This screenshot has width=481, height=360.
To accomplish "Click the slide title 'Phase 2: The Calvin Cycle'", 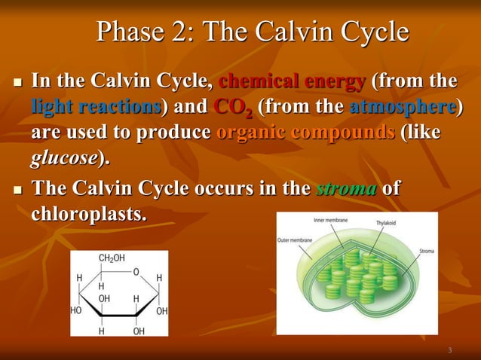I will pyautogui.click(x=253, y=32).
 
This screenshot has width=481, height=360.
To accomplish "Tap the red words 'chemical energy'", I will pyautogui.click(x=293, y=81).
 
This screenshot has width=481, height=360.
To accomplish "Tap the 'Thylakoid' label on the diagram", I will pyautogui.click(x=389, y=223).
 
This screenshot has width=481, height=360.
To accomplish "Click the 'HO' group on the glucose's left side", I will pyautogui.click(x=76, y=310).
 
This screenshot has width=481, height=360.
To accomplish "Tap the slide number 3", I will pyautogui.click(x=449, y=350).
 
